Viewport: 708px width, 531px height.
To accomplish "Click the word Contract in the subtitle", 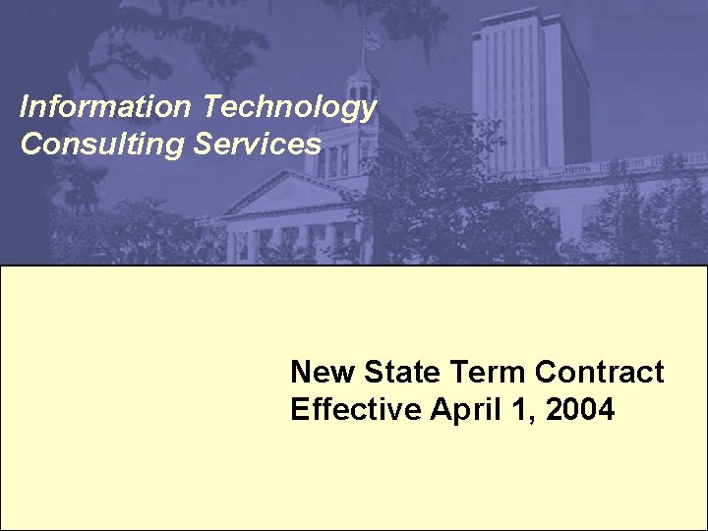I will [x=599, y=373].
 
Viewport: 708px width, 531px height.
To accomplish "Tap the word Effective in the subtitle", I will [x=356, y=409].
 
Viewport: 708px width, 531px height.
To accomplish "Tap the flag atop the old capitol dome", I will [x=371, y=41].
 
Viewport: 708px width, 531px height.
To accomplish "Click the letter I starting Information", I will [x=25, y=106].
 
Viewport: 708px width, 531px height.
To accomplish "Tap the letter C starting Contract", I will [x=546, y=373].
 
